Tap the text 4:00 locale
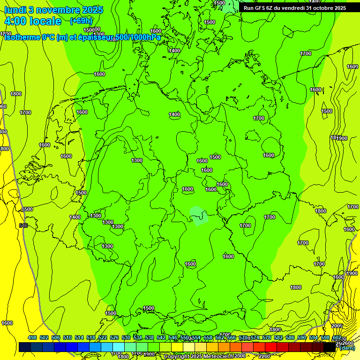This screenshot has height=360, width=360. click(x=33, y=21)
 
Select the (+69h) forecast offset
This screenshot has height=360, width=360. click(x=81, y=21)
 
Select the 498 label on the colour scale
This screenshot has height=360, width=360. click(x=32, y=338)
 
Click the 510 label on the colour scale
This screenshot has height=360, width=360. click(x=67, y=338)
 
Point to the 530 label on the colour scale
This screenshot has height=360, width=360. click(x=126, y=338)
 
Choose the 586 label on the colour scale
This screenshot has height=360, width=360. click(x=290, y=338)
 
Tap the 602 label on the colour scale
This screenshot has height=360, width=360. click(x=337, y=338)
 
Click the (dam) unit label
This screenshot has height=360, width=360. click(x=347, y=348)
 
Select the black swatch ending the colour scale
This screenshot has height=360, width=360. click(x=330, y=347)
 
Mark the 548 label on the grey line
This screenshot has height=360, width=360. click(x=23, y=226)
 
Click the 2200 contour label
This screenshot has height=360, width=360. click(x=264, y=356)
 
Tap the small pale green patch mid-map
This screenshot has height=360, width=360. click(x=199, y=216)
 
